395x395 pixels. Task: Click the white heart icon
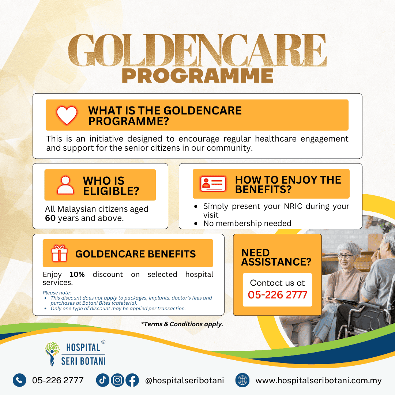click(x=67, y=115)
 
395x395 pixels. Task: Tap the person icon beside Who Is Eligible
click(x=65, y=185)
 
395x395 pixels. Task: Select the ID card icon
click(x=213, y=184)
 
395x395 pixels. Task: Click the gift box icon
click(x=60, y=253)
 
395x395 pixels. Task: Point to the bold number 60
click(x=50, y=218)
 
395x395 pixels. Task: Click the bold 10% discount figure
click(x=77, y=274)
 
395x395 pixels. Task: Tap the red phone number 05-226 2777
click(x=277, y=295)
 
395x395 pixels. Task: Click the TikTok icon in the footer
click(x=102, y=380)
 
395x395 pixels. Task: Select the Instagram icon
click(x=117, y=380)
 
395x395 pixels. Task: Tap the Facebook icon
click(x=132, y=380)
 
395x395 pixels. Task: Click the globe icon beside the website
click(x=242, y=380)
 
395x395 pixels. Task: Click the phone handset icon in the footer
click(x=19, y=380)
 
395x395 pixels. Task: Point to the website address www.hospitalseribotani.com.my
click(x=319, y=380)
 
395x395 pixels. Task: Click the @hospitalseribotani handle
click(x=184, y=380)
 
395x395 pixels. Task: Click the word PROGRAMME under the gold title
click(x=198, y=76)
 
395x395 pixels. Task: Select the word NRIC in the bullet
click(x=293, y=206)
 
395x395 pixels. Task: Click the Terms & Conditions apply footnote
click(x=182, y=324)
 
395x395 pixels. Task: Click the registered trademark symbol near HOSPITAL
click(x=103, y=342)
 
